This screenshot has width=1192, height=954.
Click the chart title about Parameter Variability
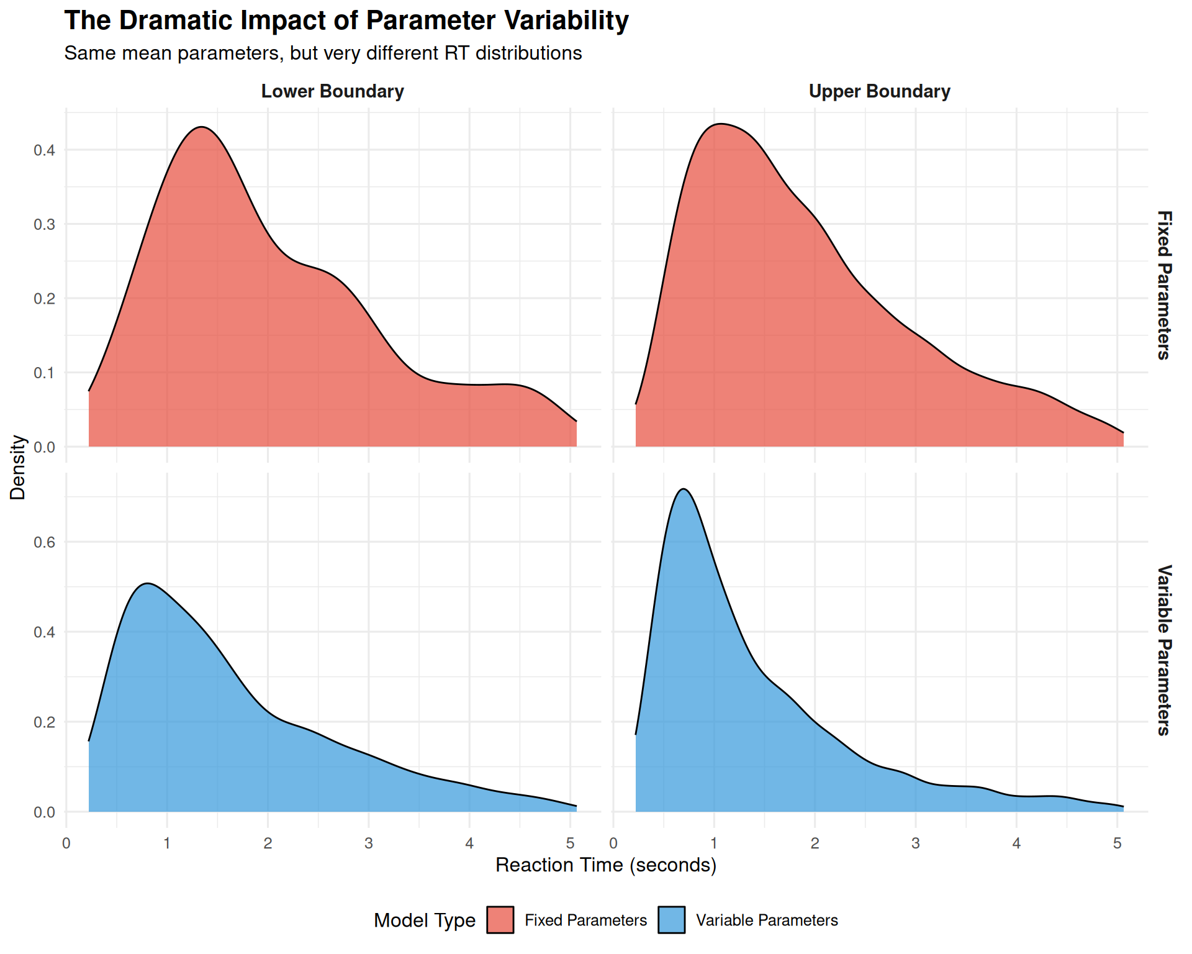(x=346, y=20)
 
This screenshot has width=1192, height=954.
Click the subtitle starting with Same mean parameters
(x=323, y=53)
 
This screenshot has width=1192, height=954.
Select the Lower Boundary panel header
(x=332, y=91)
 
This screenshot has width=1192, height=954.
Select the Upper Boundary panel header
(x=879, y=91)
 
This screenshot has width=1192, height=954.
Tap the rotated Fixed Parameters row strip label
(x=1164, y=285)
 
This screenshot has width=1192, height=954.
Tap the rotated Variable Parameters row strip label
(x=1164, y=650)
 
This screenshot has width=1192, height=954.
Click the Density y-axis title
(x=18, y=467)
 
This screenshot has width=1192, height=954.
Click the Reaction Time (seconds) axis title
(x=606, y=865)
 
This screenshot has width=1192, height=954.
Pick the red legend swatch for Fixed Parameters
(x=500, y=920)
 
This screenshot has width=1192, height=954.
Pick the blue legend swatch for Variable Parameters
(x=672, y=920)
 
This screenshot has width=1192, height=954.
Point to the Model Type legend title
(x=425, y=920)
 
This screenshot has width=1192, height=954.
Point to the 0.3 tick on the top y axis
(x=44, y=224)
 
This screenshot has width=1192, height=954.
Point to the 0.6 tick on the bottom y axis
(x=44, y=542)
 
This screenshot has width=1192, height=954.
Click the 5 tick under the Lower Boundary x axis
(x=571, y=843)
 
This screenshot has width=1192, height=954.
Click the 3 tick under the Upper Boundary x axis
(x=916, y=843)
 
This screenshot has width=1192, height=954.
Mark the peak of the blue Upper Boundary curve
(x=684, y=489)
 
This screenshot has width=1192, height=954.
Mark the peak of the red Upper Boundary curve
(x=718, y=124)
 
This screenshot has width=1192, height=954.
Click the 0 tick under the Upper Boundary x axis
(x=613, y=843)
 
